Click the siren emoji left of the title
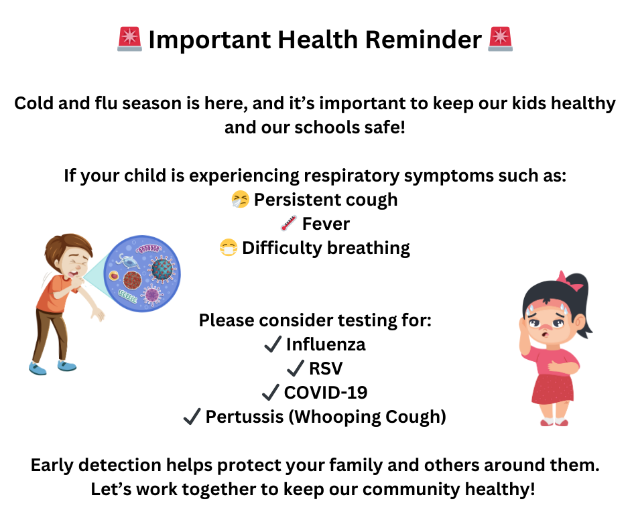[129, 40]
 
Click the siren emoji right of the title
[500, 40]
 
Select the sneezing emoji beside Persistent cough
[240, 200]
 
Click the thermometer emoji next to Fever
[289, 224]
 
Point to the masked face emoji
[229, 248]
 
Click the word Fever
[326, 224]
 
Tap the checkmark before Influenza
[272, 344]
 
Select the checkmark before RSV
[295, 369]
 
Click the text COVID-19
[325, 393]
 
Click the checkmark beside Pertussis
[192, 417]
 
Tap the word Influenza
[326, 344]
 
